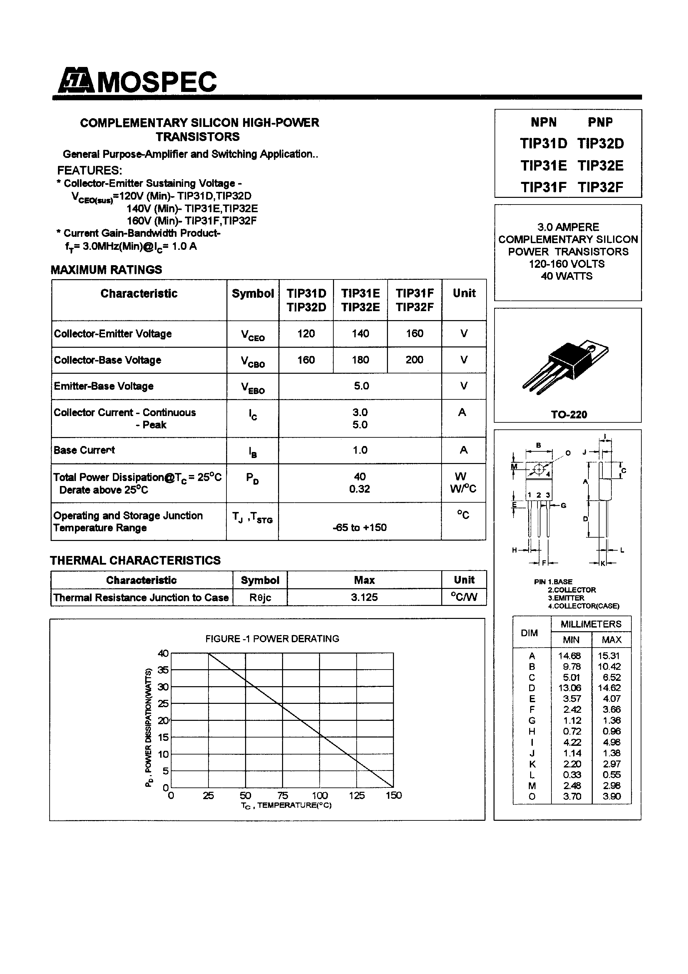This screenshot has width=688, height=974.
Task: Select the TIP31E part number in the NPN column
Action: tap(543, 166)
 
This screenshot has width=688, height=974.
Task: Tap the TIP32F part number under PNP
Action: tap(600, 187)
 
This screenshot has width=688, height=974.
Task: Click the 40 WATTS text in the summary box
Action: tap(567, 276)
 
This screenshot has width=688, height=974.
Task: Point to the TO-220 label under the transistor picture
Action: tap(568, 414)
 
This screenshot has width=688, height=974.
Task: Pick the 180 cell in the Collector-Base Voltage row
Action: tap(360, 360)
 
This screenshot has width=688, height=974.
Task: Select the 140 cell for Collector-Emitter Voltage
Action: tap(360, 333)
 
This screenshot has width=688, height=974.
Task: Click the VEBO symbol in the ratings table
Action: tap(252, 387)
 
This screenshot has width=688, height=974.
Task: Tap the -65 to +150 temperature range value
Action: tap(360, 527)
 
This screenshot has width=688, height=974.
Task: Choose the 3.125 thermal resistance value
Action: tap(364, 597)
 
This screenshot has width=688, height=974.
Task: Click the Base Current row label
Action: tap(84, 450)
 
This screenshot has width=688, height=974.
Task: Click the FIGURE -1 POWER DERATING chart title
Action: tap(272, 639)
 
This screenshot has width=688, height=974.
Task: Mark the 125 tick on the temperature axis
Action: tap(357, 795)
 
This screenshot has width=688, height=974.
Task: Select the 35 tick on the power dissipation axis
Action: tap(163, 670)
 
